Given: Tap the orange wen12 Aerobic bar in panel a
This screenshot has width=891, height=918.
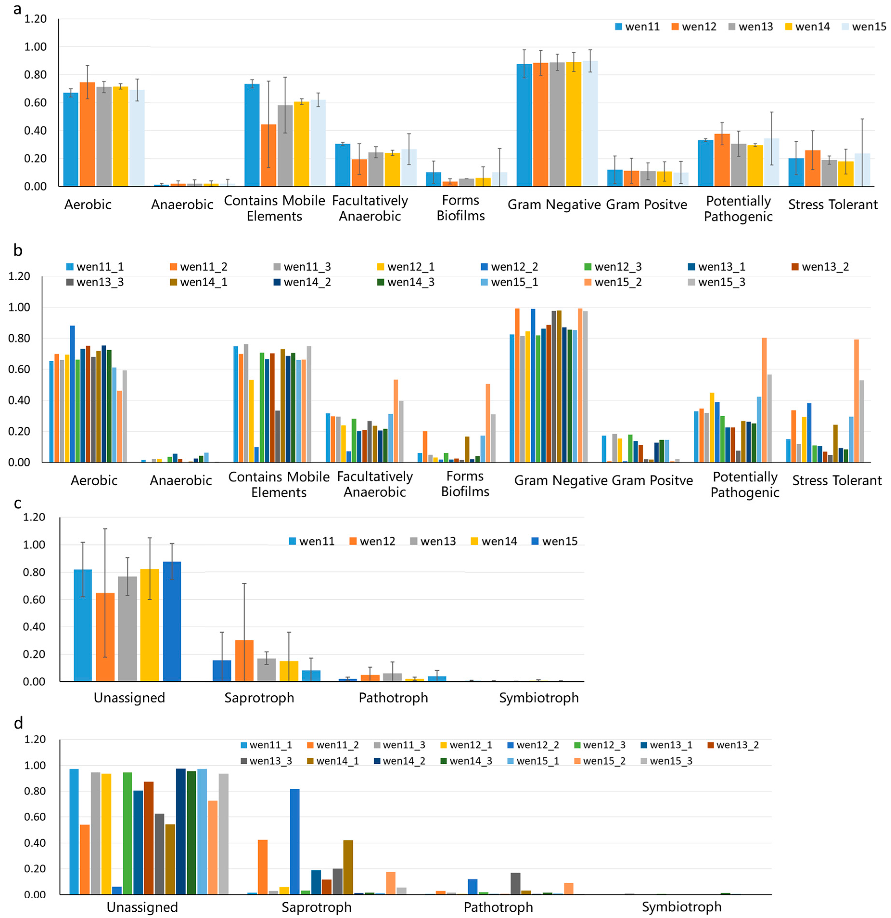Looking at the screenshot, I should (x=87, y=134).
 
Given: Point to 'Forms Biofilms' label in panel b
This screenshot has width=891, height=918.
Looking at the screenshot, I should (x=465, y=484).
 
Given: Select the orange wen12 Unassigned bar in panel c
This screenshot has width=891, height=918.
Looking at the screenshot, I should (x=105, y=637).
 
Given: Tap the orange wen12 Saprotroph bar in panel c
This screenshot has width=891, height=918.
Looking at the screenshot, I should (x=244, y=660).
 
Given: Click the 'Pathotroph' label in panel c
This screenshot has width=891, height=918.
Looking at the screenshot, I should (x=393, y=698).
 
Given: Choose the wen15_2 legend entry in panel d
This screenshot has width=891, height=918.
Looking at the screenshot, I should (x=599, y=761).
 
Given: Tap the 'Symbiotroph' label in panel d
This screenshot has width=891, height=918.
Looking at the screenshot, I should (x=681, y=907).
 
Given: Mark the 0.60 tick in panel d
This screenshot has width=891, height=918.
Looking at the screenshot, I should (x=35, y=817).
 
